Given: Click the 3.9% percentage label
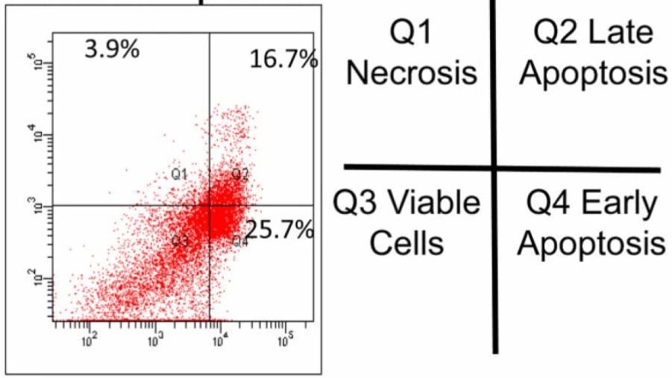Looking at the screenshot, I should [112, 51].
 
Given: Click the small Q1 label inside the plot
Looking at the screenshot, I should [178, 174].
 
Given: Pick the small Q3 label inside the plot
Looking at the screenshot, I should [179, 240].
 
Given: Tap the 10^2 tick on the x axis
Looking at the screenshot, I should [89, 341].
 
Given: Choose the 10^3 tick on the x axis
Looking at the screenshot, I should [154, 341].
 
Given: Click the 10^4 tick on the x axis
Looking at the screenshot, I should [219, 341].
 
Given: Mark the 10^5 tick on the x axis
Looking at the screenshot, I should [285, 341].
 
